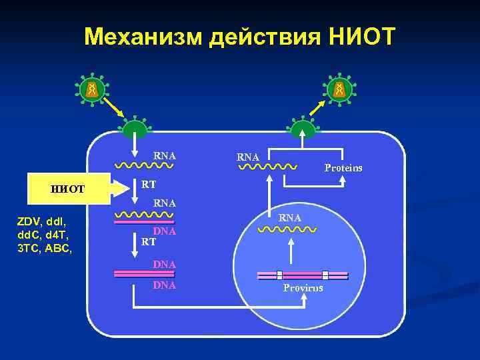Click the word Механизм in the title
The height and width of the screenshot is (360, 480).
tap(142, 37)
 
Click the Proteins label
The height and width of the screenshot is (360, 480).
tap(343, 167)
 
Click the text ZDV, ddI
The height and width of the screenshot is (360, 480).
tap(41, 221)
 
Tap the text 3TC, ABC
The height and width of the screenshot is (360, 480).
tap(41, 249)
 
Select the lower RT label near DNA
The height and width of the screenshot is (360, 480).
tap(149, 242)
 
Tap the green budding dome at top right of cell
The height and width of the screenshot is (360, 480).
tap(303, 127)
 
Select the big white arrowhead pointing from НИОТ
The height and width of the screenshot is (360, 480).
tap(122, 189)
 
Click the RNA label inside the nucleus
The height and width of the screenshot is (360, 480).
tap(290, 218)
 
